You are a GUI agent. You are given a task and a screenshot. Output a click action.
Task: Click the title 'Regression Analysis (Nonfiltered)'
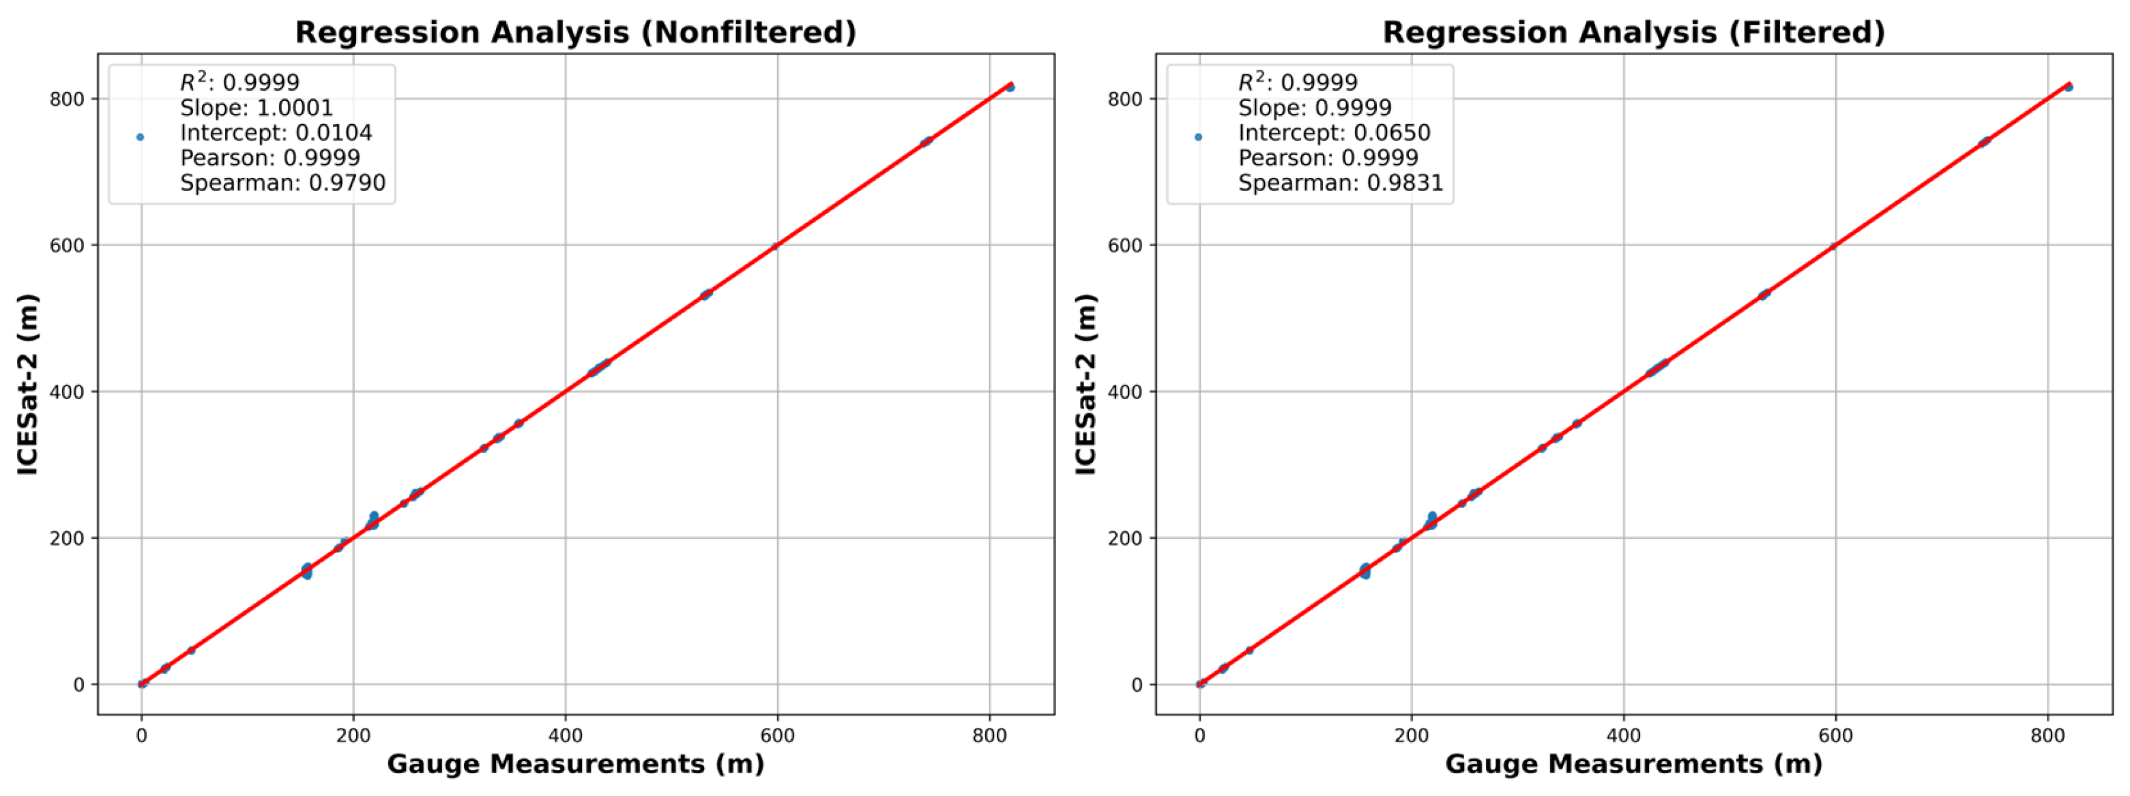click(576, 32)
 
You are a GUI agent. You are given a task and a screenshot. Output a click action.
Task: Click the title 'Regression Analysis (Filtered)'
click(1633, 32)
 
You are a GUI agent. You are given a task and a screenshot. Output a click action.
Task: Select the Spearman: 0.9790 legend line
click(282, 183)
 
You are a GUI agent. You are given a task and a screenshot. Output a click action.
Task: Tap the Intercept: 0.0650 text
click(1334, 133)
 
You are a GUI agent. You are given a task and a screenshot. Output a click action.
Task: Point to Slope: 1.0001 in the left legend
click(257, 108)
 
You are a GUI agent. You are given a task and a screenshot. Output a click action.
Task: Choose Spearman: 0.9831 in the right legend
click(1341, 183)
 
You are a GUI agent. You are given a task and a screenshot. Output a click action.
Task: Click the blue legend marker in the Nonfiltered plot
click(140, 137)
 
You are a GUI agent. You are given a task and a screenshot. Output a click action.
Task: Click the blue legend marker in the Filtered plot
click(1198, 137)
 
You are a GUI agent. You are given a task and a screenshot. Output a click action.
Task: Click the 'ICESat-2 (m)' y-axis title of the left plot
click(28, 385)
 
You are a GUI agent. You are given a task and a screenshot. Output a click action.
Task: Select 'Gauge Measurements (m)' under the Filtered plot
click(1633, 764)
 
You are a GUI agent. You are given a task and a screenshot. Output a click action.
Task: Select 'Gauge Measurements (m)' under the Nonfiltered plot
click(576, 764)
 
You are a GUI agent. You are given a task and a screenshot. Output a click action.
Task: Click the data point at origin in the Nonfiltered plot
click(142, 683)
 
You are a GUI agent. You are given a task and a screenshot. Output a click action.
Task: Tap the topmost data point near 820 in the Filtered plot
click(2068, 87)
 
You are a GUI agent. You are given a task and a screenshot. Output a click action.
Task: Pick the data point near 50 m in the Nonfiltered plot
click(191, 651)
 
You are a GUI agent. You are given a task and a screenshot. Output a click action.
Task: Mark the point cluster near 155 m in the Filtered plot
click(1365, 570)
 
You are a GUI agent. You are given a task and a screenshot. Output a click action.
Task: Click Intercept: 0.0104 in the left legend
click(276, 133)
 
